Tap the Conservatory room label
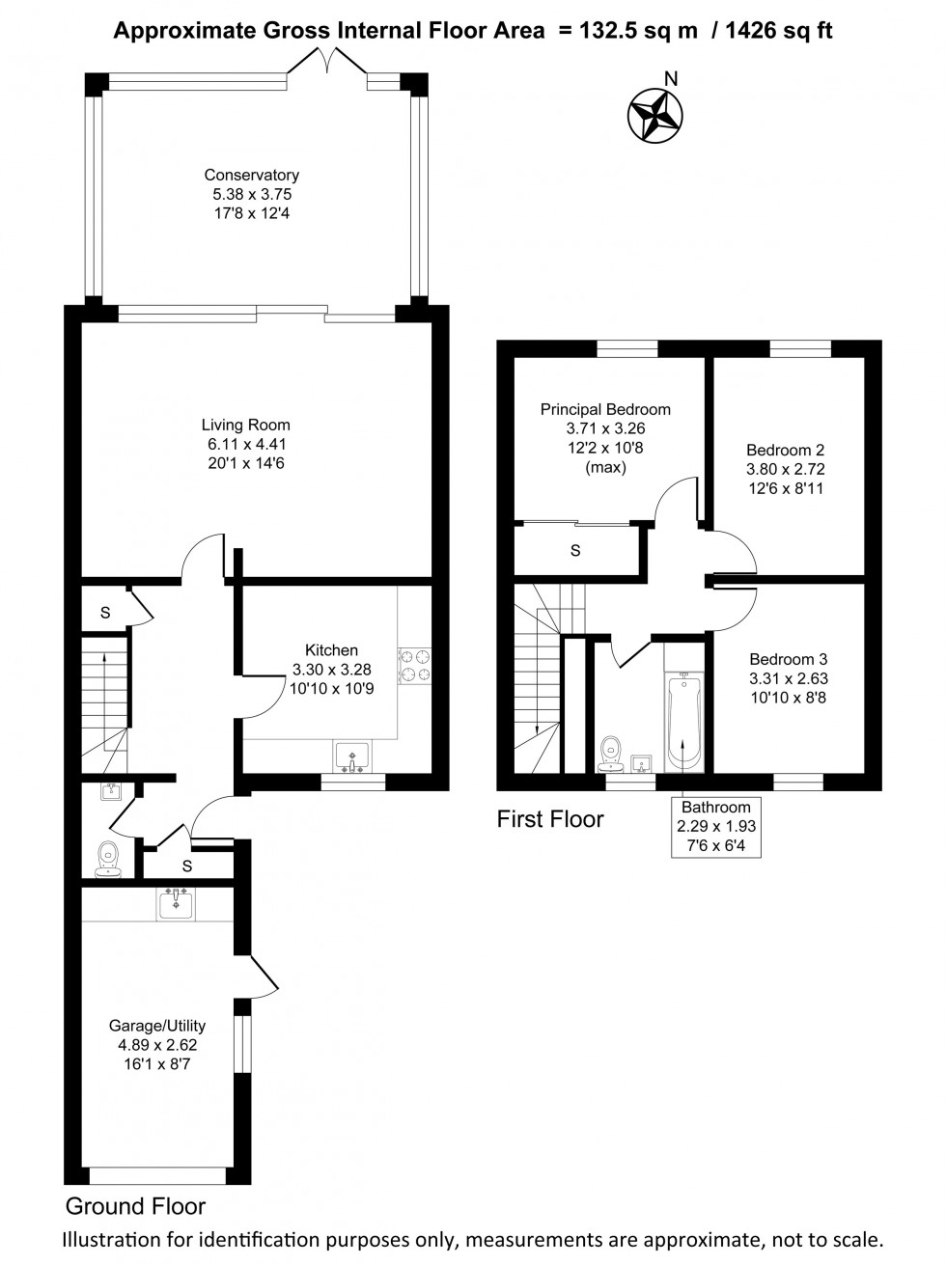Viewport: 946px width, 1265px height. pyautogui.click(x=251, y=176)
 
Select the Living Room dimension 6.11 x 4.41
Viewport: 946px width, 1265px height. pyautogui.click(x=245, y=445)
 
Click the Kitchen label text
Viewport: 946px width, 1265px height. pyautogui.click(x=331, y=650)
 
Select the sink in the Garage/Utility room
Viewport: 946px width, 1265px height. pyautogui.click(x=176, y=903)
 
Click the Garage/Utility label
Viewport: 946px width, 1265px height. pyautogui.click(x=156, y=1026)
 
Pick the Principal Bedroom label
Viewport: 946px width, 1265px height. pyautogui.click(x=604, y=409)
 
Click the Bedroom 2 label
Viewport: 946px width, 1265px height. pyautogui.click(x=785, y=450)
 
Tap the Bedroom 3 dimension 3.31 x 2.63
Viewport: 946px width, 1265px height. pyautogui.click(x=788, y=678)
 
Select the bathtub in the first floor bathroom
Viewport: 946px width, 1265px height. pyautogui.click(x=683, y=722)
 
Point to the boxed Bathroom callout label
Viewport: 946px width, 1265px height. pyautogui.click(x=715, y=827)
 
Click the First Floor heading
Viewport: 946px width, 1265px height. pyautogui.click(x=549, y=819)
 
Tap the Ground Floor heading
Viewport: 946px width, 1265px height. pyautogui.click(x=135, y=1206)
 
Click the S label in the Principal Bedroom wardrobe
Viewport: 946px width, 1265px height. pyautogui.click(x=575, y=551)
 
